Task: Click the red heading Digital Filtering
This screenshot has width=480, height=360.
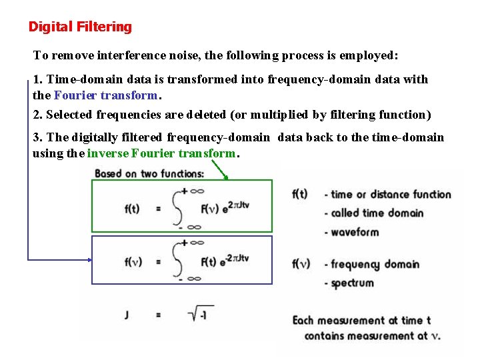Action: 80,27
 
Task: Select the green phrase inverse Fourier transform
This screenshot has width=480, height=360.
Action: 161,153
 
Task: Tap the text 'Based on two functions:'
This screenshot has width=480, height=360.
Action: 149,174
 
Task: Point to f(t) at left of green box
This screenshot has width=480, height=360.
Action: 132,208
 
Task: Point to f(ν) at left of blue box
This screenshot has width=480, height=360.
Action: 133,261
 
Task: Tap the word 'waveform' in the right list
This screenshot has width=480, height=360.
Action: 355,232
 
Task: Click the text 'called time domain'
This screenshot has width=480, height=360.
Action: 377,213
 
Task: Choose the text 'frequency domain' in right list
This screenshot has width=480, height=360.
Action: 375,264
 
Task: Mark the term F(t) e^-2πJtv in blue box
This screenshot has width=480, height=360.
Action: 225,259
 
